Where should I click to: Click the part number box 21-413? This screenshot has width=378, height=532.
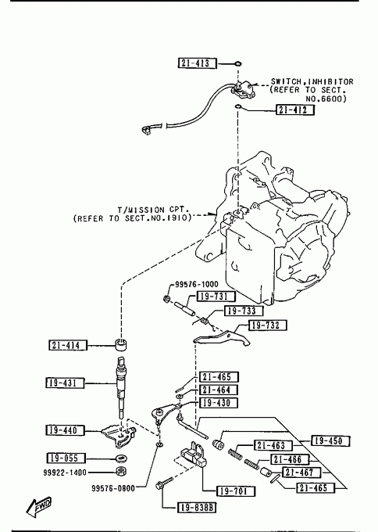(x=197, y=63)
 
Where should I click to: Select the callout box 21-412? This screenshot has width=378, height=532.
(x=294, y=110)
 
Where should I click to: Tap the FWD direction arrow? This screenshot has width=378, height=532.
(x=38, y=507)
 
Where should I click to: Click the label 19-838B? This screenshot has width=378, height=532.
(x=197, y=508)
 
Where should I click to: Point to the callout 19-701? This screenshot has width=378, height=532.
(x=236, y=491)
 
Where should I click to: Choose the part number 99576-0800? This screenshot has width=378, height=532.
(x=113, y=488)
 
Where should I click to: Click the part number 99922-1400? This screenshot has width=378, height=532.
(x=65, y=473)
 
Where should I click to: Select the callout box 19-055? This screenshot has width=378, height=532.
(x=66, y=458)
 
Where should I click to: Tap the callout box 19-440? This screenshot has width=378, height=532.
(x=65, y=430)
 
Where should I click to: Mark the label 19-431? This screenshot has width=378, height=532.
(x=65, y=383)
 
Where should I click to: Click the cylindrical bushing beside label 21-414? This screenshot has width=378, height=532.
(x=121, y=344)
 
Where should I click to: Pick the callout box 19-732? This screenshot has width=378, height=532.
(x=268, y=325)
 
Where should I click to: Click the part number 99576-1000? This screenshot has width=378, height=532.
(x=197, y=284)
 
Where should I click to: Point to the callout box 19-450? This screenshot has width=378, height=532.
(x=330, y=441)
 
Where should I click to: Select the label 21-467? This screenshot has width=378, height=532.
(x=301, y=473)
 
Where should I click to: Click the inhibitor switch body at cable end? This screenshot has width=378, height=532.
(x=242, y=89)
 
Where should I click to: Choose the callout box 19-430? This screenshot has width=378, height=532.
(x=219, y=403)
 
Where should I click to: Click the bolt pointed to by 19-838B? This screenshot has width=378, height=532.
(x=164, y=483)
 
